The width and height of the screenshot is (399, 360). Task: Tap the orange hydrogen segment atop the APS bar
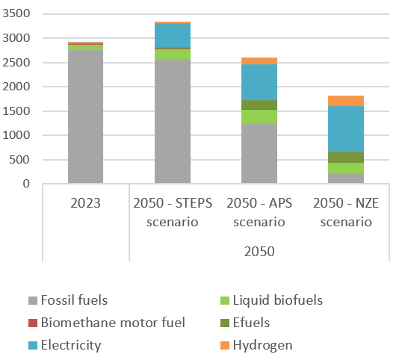[x=259, y=60]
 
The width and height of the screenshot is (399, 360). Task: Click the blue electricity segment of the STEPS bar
[x=173, y=35]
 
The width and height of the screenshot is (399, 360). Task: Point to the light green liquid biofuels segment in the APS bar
[x=259, y=117]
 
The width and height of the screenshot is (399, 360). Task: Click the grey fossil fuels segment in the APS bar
[x=259, y=153]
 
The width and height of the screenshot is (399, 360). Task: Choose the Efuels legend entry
[x=252, y=323]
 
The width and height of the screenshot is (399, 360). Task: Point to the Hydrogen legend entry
[x=262, y=345]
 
